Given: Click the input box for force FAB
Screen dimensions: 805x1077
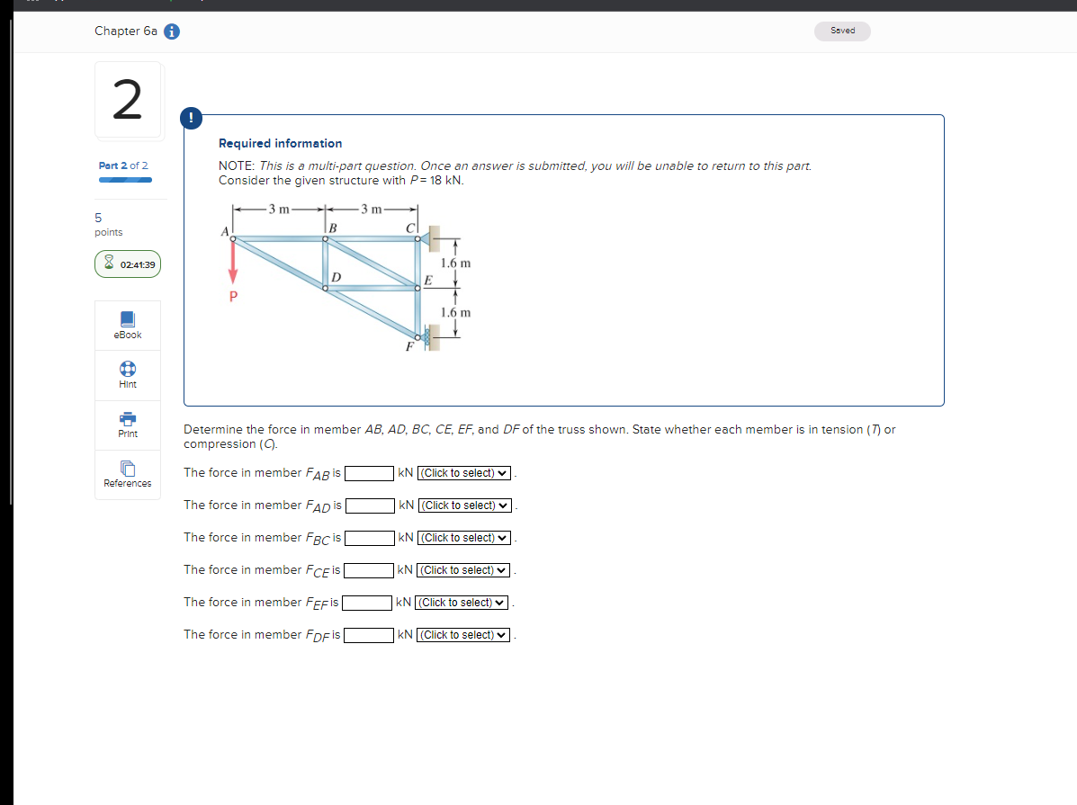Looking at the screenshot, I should coord(369,473).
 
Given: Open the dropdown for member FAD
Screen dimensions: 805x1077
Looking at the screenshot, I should coord(465,505).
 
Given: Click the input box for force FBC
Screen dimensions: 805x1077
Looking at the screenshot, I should coord(369,538).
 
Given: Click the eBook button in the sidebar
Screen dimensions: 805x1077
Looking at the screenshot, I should coord(128,326).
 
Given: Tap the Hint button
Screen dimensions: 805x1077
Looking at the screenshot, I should coord(128,375).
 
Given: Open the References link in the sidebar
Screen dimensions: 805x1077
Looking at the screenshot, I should coord(128,475).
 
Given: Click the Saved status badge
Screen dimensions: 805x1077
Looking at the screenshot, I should coord(843,31).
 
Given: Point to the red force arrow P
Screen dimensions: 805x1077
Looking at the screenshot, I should coord(233,263).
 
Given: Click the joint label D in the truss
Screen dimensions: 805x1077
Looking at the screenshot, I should coord(335,275).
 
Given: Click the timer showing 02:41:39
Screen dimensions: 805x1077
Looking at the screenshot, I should coord(129,264).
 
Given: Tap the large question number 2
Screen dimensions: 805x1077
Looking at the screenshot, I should coord(128,100).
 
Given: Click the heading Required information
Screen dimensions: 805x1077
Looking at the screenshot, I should coord(280,143).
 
